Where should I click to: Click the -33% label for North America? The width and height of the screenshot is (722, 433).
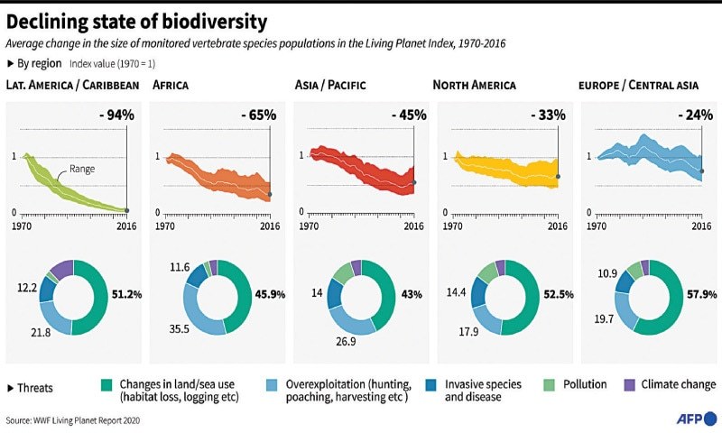pos(546,115)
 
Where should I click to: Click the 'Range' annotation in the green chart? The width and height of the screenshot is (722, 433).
pos(81,169)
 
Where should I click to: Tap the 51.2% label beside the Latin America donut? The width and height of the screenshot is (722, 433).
pos(125,294)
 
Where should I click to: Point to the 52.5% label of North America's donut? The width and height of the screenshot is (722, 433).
pos(555,294)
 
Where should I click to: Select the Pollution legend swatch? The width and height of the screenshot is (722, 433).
pos(551,385)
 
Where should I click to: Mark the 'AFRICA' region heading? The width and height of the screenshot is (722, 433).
pos(172,86)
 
